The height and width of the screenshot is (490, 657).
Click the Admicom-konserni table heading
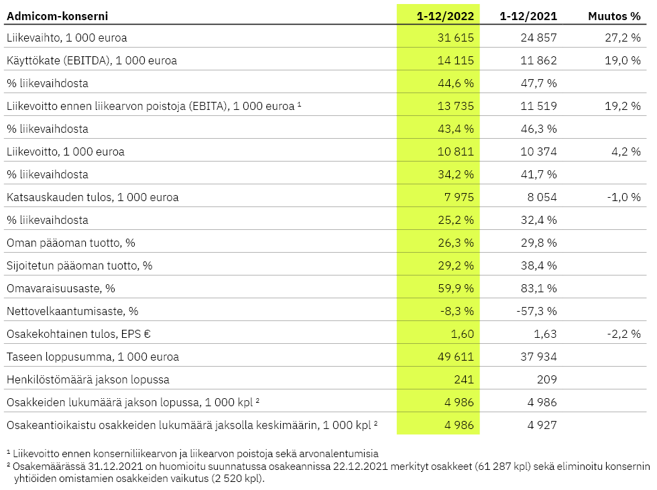(x=58, y=16)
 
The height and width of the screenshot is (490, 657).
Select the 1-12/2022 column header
(x=445, y=16)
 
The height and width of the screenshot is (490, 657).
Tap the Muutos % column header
(x=614, y=16)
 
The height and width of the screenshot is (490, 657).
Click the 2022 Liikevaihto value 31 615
(x=455, y=38)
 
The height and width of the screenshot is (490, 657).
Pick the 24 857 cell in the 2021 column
(x=538, y=38)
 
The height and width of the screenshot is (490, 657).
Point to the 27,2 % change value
(x=623, y=38)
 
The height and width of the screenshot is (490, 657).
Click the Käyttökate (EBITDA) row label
(x=92, y=61)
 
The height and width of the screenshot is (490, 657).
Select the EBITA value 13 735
(x=455, y=106)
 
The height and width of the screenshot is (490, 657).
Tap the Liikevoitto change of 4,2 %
(x=626, y=151)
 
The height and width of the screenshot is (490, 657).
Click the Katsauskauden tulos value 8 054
(x=542, y=197)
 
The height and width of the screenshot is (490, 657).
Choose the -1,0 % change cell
(x=624, y=197)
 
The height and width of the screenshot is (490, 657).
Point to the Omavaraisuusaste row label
(x=61, y=288)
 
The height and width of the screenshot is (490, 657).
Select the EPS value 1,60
(x=462, y=334)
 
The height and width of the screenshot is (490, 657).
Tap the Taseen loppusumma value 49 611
(x=455, y=357)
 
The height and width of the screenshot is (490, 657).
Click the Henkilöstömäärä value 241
(x=464, y=380)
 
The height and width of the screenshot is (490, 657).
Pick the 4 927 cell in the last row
(x=542, y=426)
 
